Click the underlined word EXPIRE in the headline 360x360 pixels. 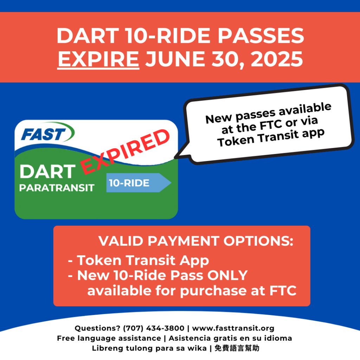[98, 59]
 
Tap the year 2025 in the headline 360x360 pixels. [277, 59]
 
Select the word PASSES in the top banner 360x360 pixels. [261, 36]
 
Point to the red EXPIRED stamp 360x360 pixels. [125, 152]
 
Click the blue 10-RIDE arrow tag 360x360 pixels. [139, 183]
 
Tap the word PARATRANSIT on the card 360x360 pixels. [57, 188]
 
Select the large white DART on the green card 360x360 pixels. [47, 172]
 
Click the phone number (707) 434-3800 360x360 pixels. [154, 328]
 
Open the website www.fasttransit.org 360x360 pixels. [233, 328]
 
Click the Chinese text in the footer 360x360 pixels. [237, 348]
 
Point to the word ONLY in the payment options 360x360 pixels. [227, 275]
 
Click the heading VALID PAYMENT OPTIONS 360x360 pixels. [196, 241]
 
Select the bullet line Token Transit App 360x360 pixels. [139, 261]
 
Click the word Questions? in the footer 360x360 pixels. [97, 328]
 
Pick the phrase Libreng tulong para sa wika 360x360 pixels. [149, 348]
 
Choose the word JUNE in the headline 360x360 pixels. [175, 59]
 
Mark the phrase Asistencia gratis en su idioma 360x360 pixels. [230, 338]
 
